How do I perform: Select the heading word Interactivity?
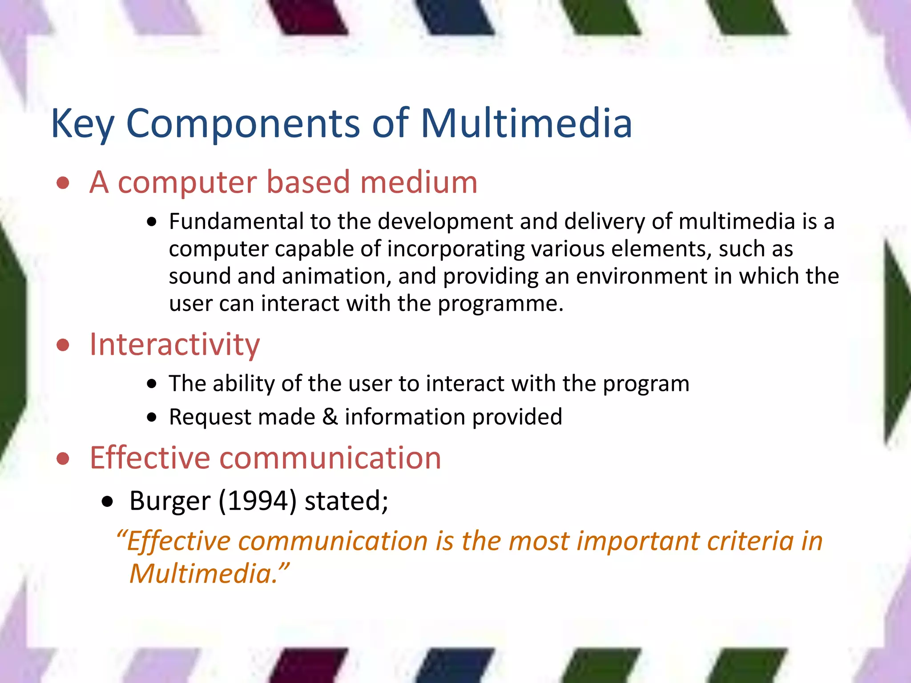tap(174, 345)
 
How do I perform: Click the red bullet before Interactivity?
tap(63, 345)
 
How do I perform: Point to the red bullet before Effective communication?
tap(63, 459)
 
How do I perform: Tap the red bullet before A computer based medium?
tap(63, 183)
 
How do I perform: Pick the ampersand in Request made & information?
tap(330, 417)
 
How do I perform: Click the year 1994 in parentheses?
tap(257, 501)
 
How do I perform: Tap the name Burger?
tap(169, 501)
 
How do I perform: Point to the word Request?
tap(210, 417)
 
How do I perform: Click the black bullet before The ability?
tap(152, 384)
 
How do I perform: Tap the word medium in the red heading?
tap(419, 182)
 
